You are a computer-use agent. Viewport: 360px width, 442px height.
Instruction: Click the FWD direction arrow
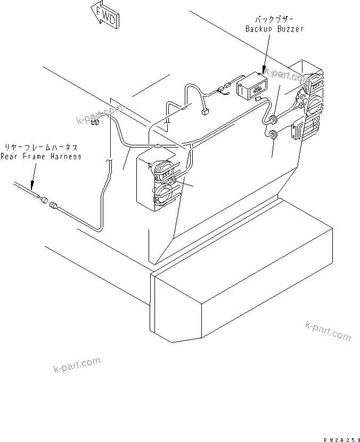(x=105, y=14)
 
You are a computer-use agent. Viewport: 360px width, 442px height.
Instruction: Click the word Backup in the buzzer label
(x=259, y=29)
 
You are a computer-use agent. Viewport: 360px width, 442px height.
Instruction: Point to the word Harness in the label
(x=66, y=157)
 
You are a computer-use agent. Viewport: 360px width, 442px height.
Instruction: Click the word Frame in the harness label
(x=35, y=157)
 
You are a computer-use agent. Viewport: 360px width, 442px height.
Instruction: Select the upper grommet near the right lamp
(x=272, y=118)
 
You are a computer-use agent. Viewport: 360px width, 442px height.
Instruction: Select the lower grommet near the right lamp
(x=272, y=135)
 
